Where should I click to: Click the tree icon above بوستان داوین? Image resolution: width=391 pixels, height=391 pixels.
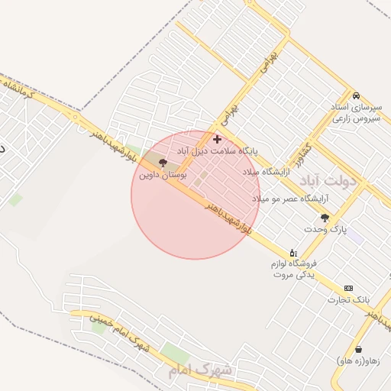[162, 162]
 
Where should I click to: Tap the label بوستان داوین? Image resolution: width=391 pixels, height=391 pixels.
[163, 174]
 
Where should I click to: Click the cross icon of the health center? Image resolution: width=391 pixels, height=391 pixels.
[218, 139]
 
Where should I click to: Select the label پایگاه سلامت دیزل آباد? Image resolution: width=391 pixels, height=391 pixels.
[218, 151]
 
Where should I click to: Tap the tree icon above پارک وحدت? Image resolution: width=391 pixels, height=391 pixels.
[325, 218]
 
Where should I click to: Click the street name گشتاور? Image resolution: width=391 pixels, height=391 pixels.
[306, 156]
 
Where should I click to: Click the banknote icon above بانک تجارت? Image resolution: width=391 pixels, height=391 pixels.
[348, 288]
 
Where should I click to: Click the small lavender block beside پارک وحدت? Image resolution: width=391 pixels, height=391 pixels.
[355, 236]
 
